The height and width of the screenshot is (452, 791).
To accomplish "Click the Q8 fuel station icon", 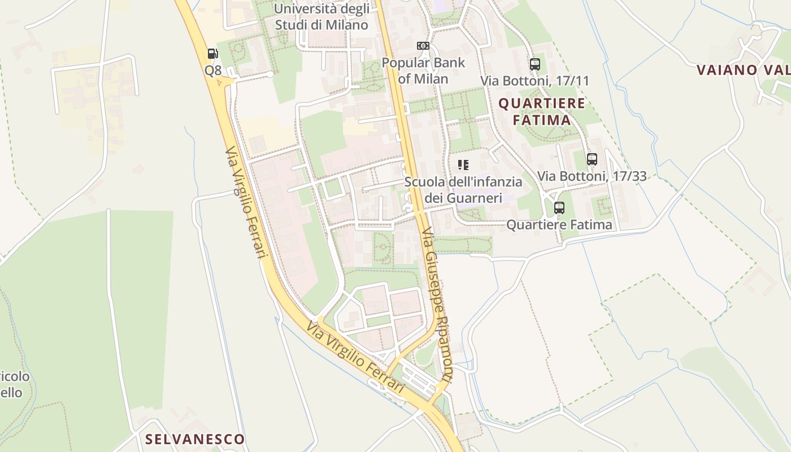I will [x=213, y=54].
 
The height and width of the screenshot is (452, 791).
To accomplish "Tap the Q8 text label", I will [x=213, y=71].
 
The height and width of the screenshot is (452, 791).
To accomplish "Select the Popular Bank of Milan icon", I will [x=423, y=46].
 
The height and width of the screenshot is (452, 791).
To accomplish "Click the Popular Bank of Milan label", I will [x=423, y=70].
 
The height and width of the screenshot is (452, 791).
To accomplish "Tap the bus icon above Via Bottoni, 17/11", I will [x=535, y=64].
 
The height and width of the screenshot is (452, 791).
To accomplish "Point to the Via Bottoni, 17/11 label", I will [x=534, y=81].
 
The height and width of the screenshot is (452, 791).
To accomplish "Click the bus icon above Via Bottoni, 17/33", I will [x=592, y=159].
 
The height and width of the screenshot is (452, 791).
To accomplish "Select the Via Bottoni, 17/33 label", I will [x=592, y=176].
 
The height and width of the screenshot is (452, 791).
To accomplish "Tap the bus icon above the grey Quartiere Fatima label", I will [x=559, y=208].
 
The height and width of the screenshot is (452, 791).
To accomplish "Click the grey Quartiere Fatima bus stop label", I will [x=559, y=225].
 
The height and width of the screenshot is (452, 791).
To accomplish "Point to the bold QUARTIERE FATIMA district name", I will [x=542, y=111].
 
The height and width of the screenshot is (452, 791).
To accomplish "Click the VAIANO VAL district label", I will [x=743, y=70].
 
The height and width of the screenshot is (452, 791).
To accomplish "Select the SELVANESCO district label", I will [x=195, y=439].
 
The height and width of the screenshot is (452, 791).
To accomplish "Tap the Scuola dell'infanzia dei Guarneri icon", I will [x=463, y=165].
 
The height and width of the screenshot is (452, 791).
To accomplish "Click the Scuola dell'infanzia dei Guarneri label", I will [x=463, y=190].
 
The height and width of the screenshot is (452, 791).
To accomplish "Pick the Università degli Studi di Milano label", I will [x=321, y=17].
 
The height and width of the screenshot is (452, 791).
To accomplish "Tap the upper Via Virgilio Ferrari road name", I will [x=245, y=203].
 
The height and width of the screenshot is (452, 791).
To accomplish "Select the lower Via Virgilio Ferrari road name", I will [x=356, y=358].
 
